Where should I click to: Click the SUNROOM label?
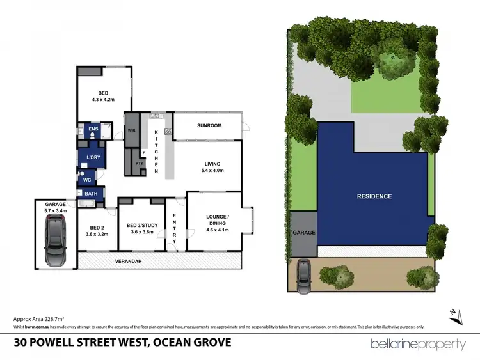point(209,125)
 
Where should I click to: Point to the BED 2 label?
point(97,230)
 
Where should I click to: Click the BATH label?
point(92,193)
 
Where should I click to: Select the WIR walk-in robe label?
point(132,130)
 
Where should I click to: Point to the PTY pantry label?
point(139,163)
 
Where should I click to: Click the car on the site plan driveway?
point(303,276)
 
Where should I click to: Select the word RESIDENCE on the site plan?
point(374,196)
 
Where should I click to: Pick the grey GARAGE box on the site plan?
point(304,232)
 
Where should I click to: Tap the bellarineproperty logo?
point(419,344)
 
